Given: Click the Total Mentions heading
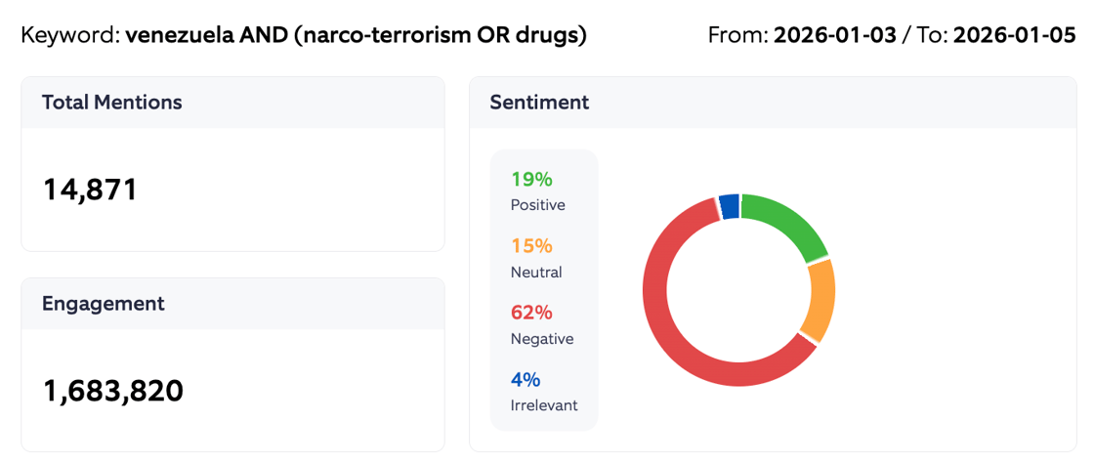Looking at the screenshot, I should tap(111, 102).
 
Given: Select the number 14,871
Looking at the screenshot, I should tap(90, 190).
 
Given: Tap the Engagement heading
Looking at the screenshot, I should tap(103, 303).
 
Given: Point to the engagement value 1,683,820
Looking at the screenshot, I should tap(113, 391).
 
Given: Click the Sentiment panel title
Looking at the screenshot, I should tap(539, 102).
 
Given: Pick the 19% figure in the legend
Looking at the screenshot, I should tap(531, 179).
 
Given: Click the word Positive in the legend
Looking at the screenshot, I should tap(537, 205).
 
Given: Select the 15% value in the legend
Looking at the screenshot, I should tap(531, 245).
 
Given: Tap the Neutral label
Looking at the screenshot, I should tap(536, 272).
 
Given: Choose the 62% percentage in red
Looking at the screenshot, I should tap(531, 313).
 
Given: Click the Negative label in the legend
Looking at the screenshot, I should tap(542, 339).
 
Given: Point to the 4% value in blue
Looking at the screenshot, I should tap(526, 379).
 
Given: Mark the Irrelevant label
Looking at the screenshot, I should tap(544, 404).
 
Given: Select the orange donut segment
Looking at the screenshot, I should tap(819, 301).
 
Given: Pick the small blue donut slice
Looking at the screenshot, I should tap(729, 205).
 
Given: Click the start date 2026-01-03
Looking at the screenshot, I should tap(835, 36).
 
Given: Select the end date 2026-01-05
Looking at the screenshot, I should tap(1014, 36).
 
